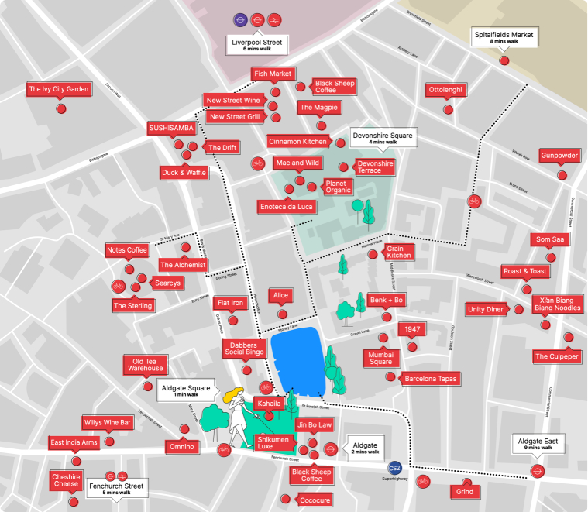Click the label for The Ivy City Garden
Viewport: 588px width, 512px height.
(59, 89)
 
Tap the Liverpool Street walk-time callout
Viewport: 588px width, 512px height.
(257, 45)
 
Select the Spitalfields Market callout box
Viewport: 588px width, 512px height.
(504, 38)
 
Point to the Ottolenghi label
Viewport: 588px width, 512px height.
(445, 90)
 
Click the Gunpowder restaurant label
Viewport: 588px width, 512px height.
(559, 156)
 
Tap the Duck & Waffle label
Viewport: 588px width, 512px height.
(184, 172)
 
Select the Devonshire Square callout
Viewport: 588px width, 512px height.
(382, 138)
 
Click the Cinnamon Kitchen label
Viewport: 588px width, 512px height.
(297, 142)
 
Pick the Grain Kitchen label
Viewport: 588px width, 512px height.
(399, 251)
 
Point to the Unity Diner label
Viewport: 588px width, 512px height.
(486, 309)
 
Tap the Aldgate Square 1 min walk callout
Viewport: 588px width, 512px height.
(186, 390)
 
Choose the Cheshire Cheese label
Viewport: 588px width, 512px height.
(66, 479)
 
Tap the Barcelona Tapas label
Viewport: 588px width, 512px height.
(430, 379)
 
